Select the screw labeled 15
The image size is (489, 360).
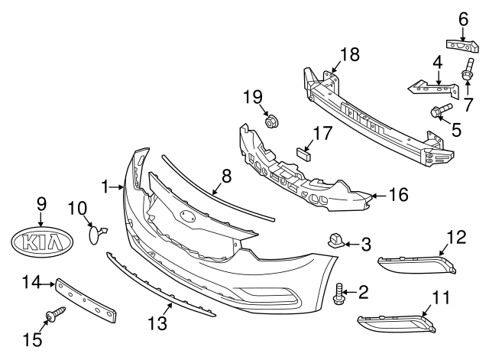pos(55,313)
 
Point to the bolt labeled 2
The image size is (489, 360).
pos(339,294)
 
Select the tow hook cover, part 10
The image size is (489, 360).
pos(96,232)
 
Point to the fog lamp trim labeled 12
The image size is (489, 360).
pos(417,264)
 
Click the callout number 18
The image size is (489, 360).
pos(349,54)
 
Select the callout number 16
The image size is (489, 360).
pos(399,196)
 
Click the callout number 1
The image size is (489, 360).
pos(105,185)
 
